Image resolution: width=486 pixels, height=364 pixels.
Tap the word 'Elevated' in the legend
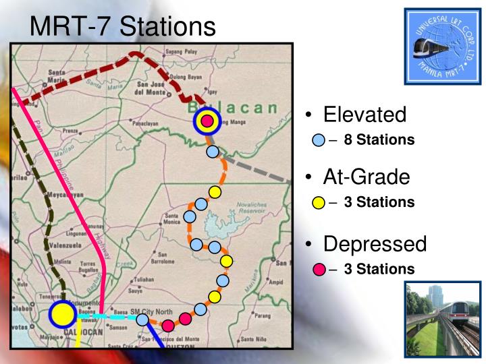[x=364, y=115]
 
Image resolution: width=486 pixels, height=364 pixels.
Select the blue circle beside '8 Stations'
[x=319, y=141]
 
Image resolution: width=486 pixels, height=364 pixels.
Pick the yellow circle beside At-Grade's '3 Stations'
[x=319, y=202]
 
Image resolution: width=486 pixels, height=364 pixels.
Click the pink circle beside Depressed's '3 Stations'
[x=319, y=270]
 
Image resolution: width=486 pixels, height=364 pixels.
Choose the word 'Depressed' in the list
[x=375, y=243]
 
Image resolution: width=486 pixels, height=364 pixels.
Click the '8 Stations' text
[x=379, y=140]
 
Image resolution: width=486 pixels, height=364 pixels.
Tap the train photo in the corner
[x=443, y=317]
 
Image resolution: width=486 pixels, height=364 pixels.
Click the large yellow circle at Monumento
[x=62, y=314]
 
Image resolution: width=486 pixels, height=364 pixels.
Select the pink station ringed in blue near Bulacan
[x=208, y=121]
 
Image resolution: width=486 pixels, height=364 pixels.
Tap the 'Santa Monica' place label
[x=173, y=219]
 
